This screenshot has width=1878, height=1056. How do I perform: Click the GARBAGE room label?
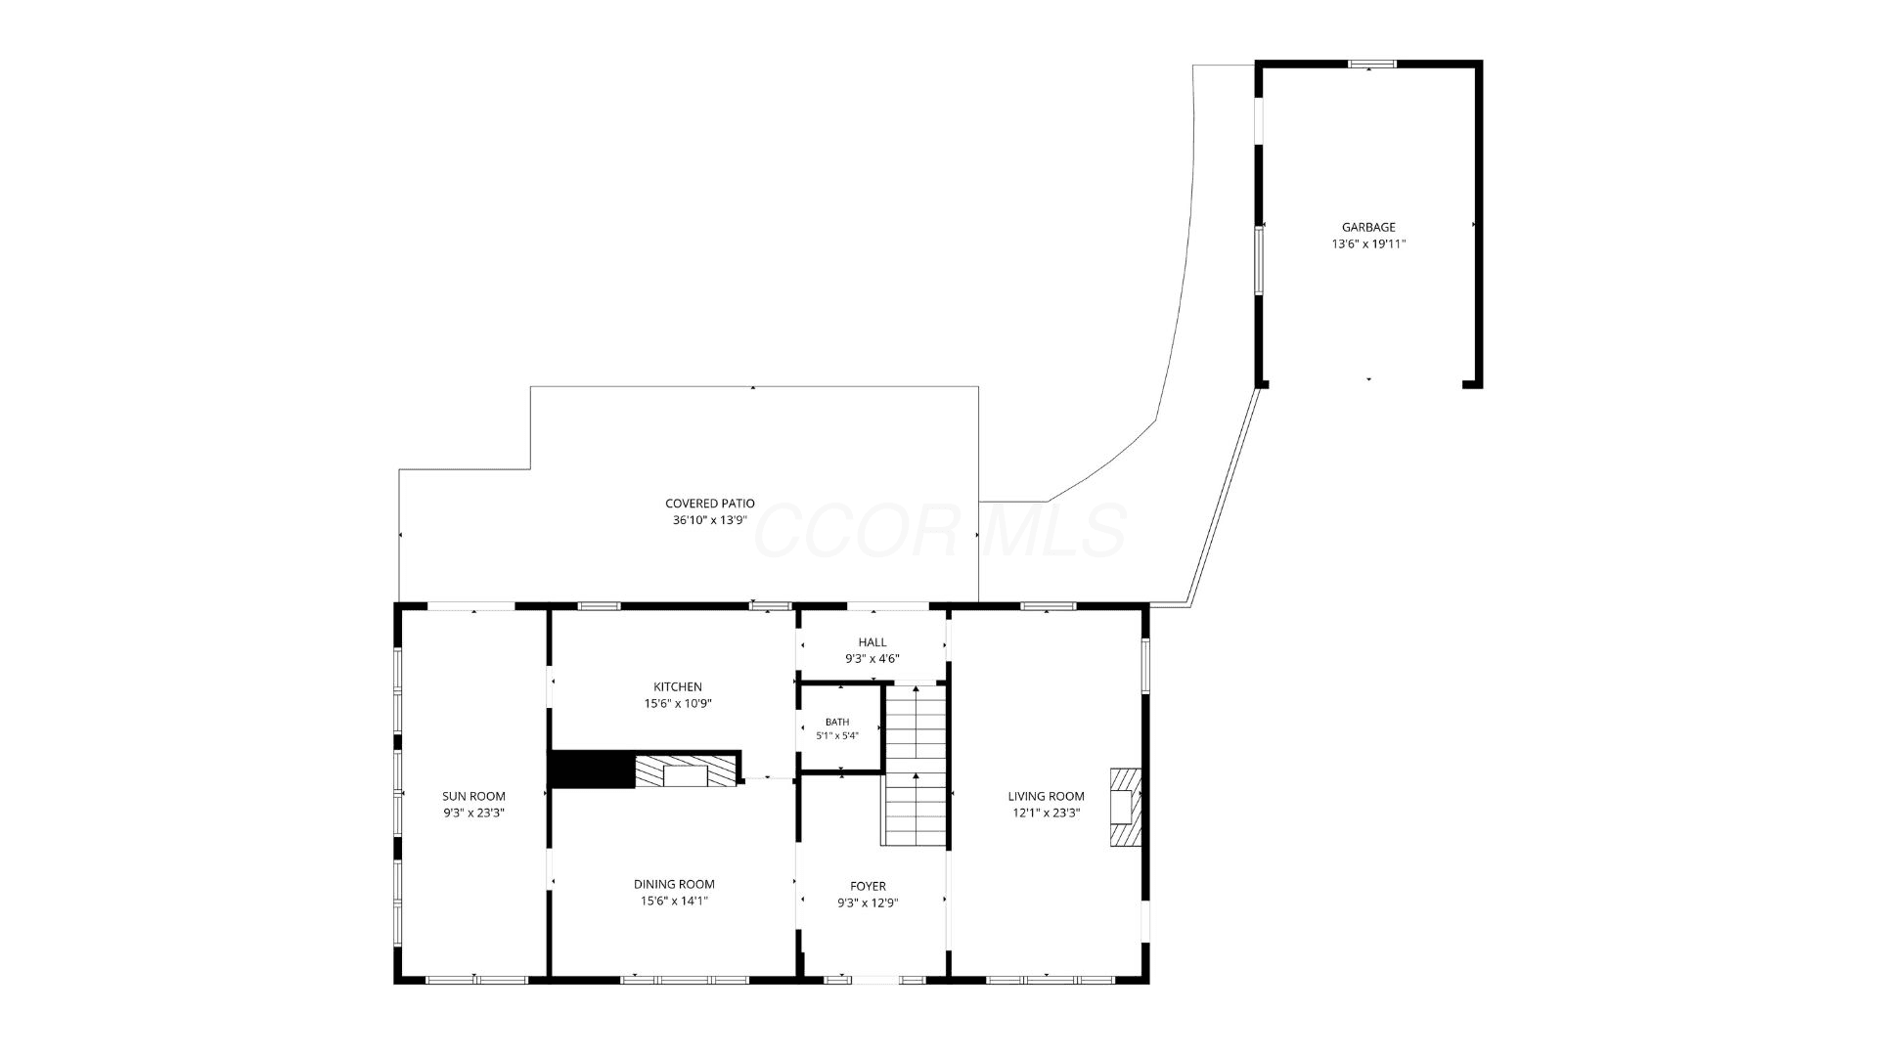point(1368,228)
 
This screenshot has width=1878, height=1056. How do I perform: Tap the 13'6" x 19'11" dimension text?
point(1368,244)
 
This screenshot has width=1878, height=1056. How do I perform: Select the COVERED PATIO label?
point(710,504)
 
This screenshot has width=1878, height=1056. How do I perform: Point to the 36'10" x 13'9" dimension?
point(710,520)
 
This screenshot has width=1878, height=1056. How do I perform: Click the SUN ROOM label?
point(473,796)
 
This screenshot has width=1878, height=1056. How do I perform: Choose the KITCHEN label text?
point(678,686)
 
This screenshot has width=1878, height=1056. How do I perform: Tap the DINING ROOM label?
point(674,884)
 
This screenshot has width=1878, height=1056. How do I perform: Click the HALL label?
point(872,642)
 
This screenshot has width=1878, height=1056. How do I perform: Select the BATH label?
point(837,723)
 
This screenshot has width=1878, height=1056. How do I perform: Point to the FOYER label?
point(868,886)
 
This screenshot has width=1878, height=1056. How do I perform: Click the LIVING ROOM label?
point(1046,796)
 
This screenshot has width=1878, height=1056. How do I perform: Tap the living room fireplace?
point(1126,807)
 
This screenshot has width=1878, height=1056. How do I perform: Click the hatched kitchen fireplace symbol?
point(686,771)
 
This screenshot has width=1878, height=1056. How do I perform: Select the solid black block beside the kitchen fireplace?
point(591,770)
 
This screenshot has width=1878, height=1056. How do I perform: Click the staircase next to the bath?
point(916,765)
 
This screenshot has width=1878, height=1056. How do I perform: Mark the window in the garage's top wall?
point(1371,65)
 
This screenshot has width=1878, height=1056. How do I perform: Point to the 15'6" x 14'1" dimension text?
point(674,902)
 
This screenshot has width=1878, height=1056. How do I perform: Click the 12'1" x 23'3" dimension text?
point(1046,813)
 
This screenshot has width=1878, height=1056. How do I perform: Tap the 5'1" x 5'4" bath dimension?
point(837,736)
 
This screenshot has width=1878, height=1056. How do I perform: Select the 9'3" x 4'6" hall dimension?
point(872,659)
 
